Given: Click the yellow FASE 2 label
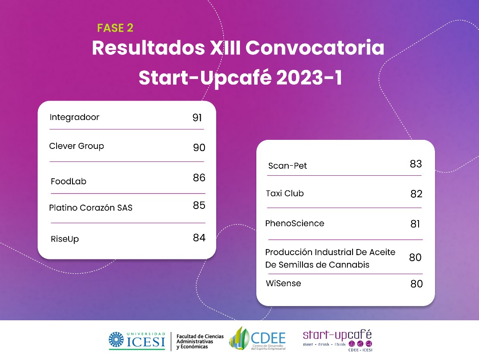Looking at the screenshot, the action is (x=115, y=28).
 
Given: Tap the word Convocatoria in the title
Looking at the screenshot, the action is (x=315, y=47).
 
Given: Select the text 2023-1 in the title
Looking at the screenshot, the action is (x=309, y=77).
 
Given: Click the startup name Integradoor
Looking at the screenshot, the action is (x=74, y=117).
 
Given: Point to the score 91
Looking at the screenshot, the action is (x=197, y=118).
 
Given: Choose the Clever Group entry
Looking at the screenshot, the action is (x=76, y=146).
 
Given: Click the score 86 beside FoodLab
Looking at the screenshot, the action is (x=199, y=177).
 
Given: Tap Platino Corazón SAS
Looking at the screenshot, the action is (x=91, y=208).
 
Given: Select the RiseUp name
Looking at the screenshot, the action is (x=65, y=239).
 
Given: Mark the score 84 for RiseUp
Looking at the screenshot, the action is (x=199, y=238).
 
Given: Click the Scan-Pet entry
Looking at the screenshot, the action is (x=287, y=166).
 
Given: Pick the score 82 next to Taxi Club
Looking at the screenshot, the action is (x=416, y=194).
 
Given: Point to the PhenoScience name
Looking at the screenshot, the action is (x=294, y=224).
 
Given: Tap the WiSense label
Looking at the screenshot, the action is (x=283, y=283).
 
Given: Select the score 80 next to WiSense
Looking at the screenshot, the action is (x=417, y=284).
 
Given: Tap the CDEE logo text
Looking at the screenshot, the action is (x=268, y=338).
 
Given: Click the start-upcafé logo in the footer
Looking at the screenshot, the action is (x=337, y=340).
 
